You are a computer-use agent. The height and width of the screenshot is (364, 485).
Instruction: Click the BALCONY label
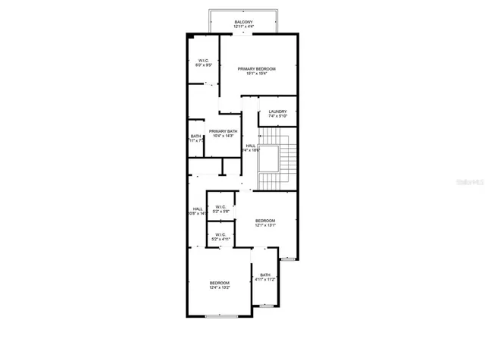pos(244,22)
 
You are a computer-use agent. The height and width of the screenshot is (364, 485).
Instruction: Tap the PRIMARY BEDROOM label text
pos(256,69)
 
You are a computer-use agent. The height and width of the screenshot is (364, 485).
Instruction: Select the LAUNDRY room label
pos(277,111)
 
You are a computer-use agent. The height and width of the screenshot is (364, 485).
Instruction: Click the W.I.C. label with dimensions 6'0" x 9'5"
pos(204,61)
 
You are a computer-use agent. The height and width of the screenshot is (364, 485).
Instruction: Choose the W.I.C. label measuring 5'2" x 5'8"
pos(221,207)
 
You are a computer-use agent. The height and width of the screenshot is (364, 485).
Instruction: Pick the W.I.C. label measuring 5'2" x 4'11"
pos(221,235)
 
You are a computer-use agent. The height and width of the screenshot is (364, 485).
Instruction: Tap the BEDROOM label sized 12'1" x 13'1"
pos(264,221)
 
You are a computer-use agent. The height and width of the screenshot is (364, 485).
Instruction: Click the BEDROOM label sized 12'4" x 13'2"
pos(220,284)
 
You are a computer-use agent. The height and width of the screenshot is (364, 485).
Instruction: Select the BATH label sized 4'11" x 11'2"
pos(264,275)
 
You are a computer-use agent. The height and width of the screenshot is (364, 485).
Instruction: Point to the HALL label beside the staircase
pos(250,146)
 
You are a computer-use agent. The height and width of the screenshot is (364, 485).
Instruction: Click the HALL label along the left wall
pos(197,209)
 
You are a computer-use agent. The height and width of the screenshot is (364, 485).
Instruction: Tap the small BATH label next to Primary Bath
pos(196,136)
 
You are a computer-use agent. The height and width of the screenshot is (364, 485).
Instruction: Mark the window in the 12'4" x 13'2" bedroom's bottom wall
pos(222,315)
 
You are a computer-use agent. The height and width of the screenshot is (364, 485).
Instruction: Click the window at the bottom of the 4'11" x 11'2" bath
pos(266,306)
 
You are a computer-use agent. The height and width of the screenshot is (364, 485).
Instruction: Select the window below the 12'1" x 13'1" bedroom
pos(288,260)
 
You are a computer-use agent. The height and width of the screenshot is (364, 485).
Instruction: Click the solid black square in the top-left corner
pos(192,36)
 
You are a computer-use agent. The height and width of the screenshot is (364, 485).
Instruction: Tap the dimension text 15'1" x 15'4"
pos(256,74)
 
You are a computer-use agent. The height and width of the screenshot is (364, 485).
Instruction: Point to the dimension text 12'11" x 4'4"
pos(244,27)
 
